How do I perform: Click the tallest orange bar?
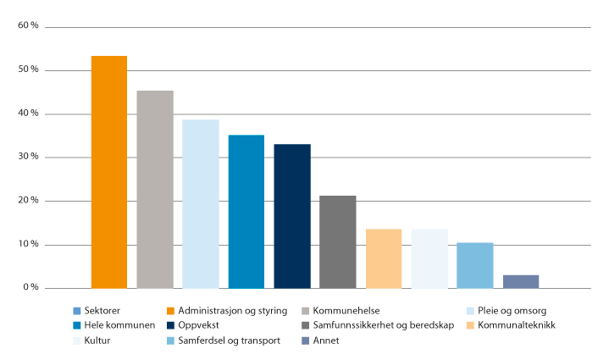click(109, 172)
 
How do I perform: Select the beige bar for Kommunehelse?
click(155, 189)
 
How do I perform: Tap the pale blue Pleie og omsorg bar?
click(201, 203)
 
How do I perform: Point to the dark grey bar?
click(338, 241)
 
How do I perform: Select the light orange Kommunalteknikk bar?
click(384, 258)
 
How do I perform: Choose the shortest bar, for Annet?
click(521, 281)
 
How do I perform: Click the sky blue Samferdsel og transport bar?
click(475, 265)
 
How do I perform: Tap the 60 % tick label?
click(28, 26)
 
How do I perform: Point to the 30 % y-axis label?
click(28, 158)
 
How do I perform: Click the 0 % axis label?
click(30, 288)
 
